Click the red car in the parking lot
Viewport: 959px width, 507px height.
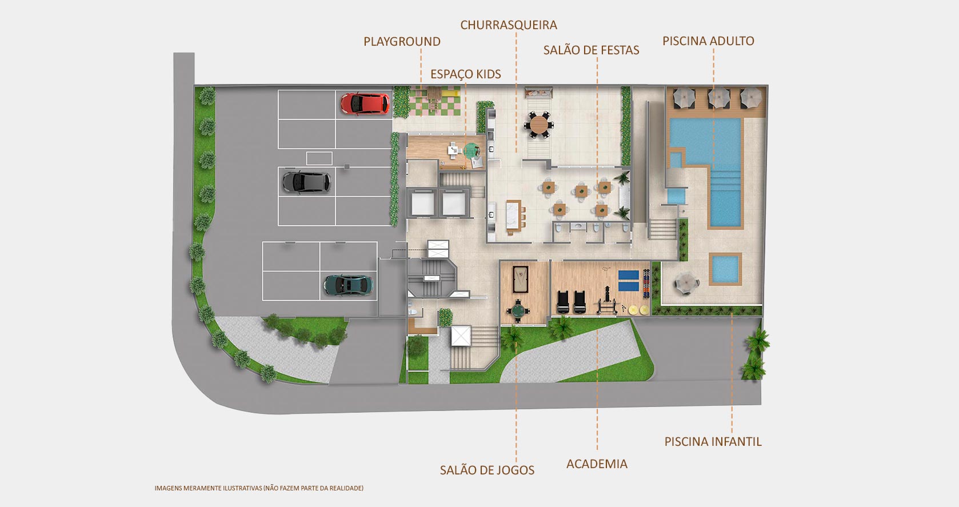pos(365,104)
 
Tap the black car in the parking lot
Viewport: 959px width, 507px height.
pos(306,182)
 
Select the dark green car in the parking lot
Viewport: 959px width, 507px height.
pos(348,285)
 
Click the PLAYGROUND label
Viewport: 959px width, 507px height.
pos(402,42)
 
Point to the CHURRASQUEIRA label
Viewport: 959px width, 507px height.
pos(509,25)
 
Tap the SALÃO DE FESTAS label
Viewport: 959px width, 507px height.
pos(592,50)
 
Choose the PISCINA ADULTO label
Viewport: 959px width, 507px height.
pos(708,41)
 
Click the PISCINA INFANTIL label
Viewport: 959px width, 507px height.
pos(713,441)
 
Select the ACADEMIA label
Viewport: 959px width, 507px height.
pos(597,464)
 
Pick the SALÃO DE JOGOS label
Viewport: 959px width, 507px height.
pos(487,470)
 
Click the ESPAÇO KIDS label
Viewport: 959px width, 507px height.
pos(465,74)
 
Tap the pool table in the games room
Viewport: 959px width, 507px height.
pos(520,280)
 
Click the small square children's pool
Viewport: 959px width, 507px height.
pos(725,269)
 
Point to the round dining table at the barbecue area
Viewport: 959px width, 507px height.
pos(538,125)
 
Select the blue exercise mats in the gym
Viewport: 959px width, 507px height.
pos(629,281)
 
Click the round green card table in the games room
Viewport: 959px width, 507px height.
pos(518,310)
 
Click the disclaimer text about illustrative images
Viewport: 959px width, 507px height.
pos(259,488)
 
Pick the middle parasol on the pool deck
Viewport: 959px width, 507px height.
pos(718,98)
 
